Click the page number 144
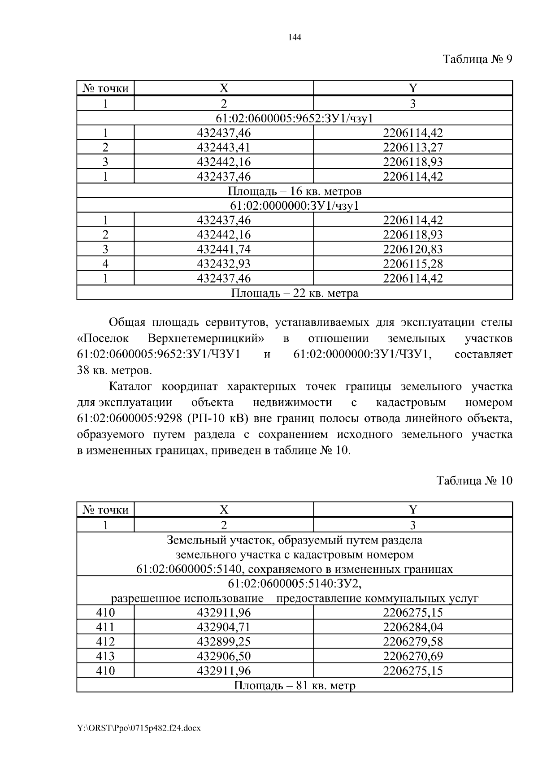[294, 38]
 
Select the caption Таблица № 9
[477, 59]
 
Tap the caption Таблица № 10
[474, 481]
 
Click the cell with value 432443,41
[224, 147]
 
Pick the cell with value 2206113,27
[412, 147]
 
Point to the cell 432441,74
[224, 249]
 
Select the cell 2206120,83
[412, 249]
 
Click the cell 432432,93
[224, 264]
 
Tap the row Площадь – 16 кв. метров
[295, 191]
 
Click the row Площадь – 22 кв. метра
[295, 293]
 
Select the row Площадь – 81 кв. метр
[295, 685]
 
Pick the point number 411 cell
[105, 627]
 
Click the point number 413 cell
[105, 656]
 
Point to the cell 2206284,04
[412, 627]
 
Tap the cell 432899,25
[224, 641]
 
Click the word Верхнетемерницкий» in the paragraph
[205, 338]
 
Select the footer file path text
[139, 728]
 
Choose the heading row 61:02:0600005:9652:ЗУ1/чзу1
[295, 118]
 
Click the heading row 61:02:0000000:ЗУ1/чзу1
[295, 206]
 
